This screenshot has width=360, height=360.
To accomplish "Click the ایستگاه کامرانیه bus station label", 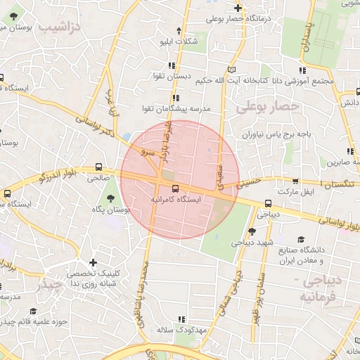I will pyautogui.click(x=176, y=200).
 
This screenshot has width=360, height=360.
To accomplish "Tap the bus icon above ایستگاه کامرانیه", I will pyautogui.click(x=174, y=188).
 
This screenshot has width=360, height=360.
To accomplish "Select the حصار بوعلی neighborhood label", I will pyautogui.click(x=267, y=106).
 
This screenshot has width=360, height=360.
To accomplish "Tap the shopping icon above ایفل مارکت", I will pyautogui.click(x=296, y=180).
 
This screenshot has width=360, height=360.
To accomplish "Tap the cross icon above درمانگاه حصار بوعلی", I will pyautogui.click(x=239, y=8).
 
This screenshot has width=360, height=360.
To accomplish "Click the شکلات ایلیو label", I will pyautogui.click(x=179, y=41).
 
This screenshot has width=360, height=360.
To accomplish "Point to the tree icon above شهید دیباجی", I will pyautogui.click(x=252, y=231).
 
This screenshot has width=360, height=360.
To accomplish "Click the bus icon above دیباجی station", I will pyautogui.click(x=269, y=203).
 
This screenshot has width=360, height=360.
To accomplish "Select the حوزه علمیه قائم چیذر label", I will pyautogui.click(x=32, y=322).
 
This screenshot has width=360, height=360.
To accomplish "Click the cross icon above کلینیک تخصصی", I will pyautogui.click(x=94, y=262).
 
